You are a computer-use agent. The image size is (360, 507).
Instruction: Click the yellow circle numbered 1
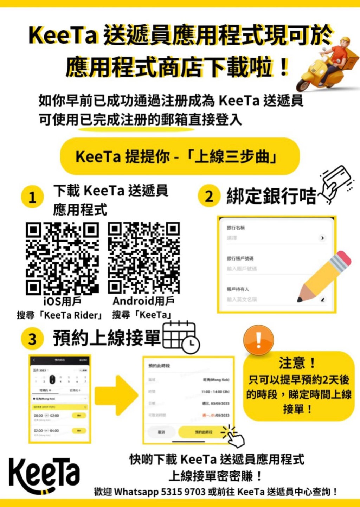[32, 197]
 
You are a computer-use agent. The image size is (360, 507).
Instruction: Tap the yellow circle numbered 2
[209, 196]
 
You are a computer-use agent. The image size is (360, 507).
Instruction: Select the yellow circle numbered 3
[32, 339]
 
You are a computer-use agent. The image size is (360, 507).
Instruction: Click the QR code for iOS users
[62, 258]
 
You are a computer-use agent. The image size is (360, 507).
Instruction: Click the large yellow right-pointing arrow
[116, 395]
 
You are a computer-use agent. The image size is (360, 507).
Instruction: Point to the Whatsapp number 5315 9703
[183, 491]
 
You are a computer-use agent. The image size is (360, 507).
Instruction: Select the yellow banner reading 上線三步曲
[180, 156]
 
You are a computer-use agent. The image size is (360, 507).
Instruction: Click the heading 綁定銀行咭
[271, 196]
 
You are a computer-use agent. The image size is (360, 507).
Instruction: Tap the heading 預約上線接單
[107, 338]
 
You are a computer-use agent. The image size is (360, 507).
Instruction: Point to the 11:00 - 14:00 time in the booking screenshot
[215, 391]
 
